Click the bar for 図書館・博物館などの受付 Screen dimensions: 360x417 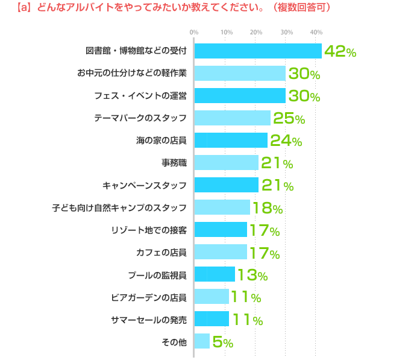pyautogui.click(x=257, y=51)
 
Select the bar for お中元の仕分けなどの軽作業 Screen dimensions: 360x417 pyautogui.click(x=239, y=74)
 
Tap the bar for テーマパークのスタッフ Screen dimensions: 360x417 pyautogui.click(x=232, y=118)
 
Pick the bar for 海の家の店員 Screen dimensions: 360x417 pyautogui.click(x=230, y=141)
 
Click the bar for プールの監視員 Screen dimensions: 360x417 pyautogui.click(x=214, y=274)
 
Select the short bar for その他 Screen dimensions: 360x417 pyautogui.click(x=202, y=341)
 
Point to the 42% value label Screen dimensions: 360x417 pyautogui.click(x=340, y=52)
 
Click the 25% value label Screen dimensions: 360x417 pyautogui.click(x=289, y=119)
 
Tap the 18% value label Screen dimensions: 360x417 pyautogui.click(x=268, y=208)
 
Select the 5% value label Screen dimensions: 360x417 pyautogui.click(x=222, y=342)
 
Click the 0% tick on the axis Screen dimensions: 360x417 pyautogui.click(x=194, y=31)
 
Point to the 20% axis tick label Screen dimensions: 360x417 pyautogui.click(x=256, y=31)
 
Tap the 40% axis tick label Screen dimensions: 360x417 pyautogui.click(x=316, y=31)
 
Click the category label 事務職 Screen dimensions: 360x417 pyautogui.click(x=174, y=163)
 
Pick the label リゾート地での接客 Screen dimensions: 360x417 pyautogui.click(x=149, y=230)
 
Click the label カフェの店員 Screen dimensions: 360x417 pyautogui.click(x=161, y=252)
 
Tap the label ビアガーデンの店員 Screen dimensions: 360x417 pyautogui.click(x=149, y=297)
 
